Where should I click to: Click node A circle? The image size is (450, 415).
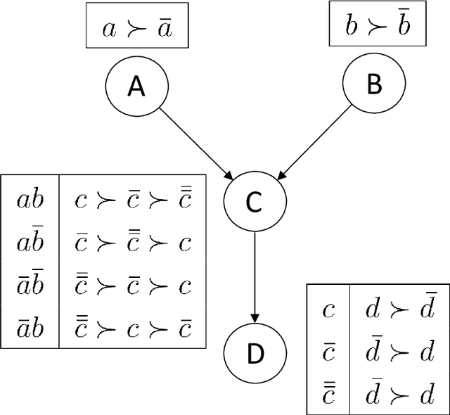[x=136, y=87]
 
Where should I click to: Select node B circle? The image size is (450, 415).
[x=374, y=84]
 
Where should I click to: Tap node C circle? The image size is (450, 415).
[x=255, y=203]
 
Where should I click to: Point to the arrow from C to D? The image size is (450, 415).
[x=255, y=274]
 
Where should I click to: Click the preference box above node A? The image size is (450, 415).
[x=137, y=30]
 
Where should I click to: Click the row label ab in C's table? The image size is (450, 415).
[x=30, y=200]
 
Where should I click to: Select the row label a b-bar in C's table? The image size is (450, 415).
[x=30, y=243]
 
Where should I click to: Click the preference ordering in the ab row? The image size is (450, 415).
[x=133, y=200]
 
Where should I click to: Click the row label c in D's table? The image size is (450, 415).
[x=328, y=309]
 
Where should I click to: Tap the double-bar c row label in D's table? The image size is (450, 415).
[x=328, y=395]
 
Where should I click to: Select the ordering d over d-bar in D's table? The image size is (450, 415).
[x=397, y=309]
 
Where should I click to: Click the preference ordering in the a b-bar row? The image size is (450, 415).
[x=133, y=243]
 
